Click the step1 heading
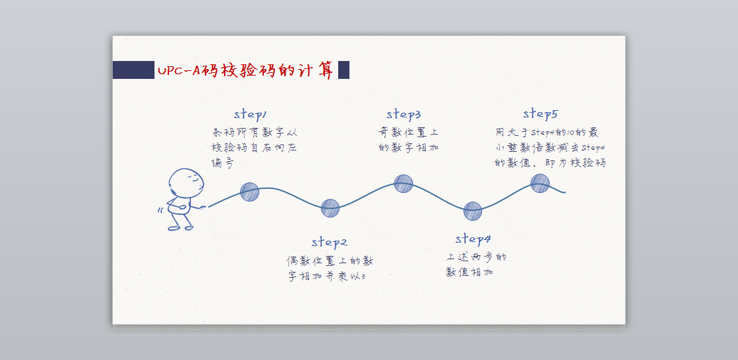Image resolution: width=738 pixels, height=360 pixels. click(x=251, y=115)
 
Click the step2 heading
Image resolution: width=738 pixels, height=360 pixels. click(x=330, y=242)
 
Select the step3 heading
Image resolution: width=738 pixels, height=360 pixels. click(x=404, y=114)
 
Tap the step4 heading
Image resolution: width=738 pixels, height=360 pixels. click(x=473, y=239)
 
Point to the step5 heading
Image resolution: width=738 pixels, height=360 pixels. click(x=540, y=113)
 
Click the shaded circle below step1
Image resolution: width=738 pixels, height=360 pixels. click(x=249, y=192)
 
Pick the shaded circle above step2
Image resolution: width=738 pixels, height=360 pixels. click(x=330, y=208)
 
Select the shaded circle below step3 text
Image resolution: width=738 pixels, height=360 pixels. click(x=403, y=183)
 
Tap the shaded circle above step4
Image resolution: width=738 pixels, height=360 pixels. click(x=472, y=211)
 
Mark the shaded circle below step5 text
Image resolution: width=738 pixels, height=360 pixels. click(x=540, y=183)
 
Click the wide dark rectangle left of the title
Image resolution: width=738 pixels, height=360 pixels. click(x=133, y=70)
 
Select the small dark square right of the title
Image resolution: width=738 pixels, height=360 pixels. click(x=343, y=70)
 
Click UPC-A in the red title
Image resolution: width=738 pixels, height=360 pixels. click(x=179, y=70)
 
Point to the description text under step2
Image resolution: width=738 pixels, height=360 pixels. click(x=330, y=269)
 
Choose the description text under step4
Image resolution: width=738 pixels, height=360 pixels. click(x=475, y=265)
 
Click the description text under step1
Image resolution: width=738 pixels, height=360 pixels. click(x=254, y=147)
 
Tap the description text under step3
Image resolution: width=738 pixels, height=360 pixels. click(x=408, y=140)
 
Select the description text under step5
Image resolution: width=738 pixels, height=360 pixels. click(x=550, y=147)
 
